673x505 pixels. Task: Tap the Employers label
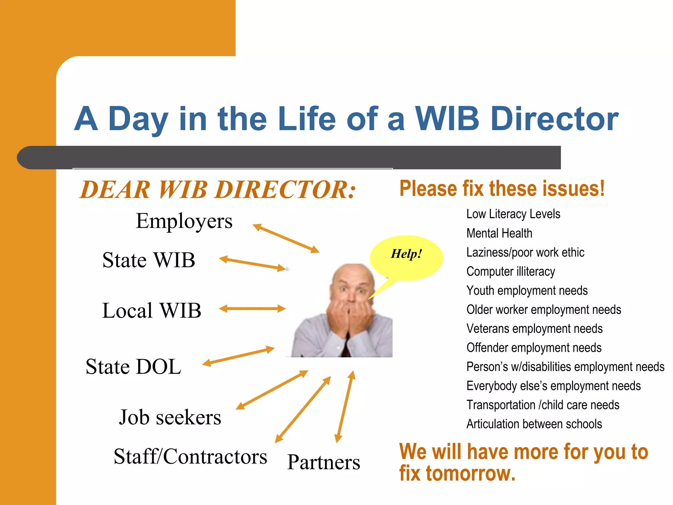184,221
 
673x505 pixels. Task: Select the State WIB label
149,260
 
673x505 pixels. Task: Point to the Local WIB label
151,310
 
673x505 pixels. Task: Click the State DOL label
133,367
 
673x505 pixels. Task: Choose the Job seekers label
170,417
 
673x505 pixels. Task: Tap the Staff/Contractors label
190,456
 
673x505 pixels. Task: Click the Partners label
323,462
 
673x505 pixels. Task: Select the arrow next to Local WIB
252,308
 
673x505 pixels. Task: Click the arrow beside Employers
286,238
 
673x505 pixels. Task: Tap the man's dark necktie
346,349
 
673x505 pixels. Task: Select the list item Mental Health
499,233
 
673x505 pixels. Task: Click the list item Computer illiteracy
511,272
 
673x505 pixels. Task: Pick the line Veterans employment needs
534,329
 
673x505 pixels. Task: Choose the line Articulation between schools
534,424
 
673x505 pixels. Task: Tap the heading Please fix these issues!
502,189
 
